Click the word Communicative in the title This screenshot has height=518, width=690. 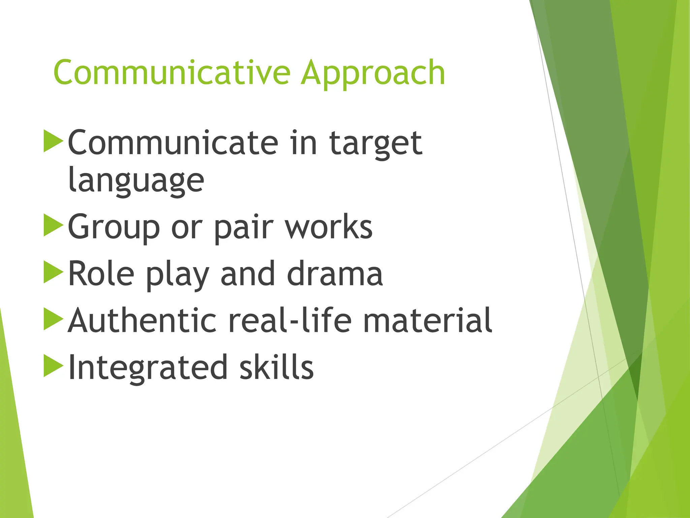(x=172, y=73)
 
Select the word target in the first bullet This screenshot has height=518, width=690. (x=375, y=143)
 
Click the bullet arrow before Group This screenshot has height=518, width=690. (x=53, y=225)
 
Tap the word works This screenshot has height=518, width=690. (x=329, y=227)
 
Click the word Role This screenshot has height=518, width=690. (x=101, y=274)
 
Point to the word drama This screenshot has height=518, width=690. (x=335, y=274)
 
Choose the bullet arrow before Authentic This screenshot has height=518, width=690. (x=53, y=319)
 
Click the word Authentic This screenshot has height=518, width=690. (x=142, y=320)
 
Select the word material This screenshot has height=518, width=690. (x=428, y=320)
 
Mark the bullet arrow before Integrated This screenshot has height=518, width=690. (x=53, y=366)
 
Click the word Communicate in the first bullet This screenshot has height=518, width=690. (x=173, y=143)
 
